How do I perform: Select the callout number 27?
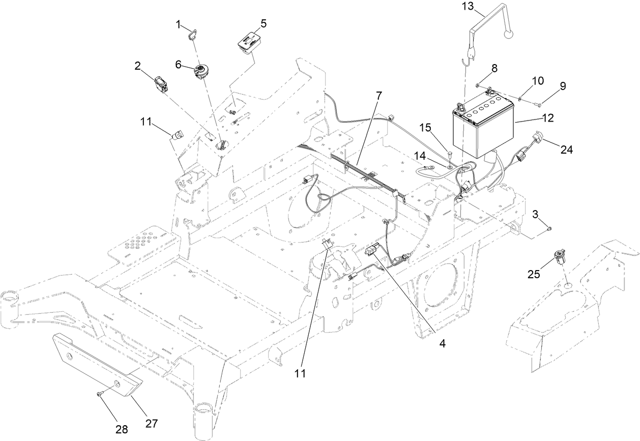pyautogui.click(x=152, y=423)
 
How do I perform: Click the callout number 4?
pyautogui.click(x=443, y=343)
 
